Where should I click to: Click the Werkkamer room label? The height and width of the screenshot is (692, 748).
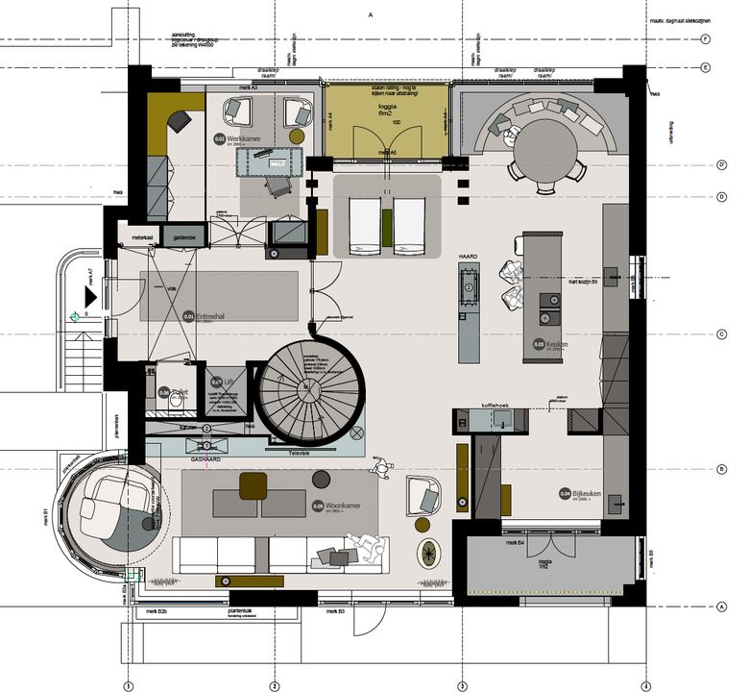(245, 139)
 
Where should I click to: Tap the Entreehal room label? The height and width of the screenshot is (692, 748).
(208, 315)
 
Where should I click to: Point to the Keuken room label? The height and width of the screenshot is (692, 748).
(558, 344)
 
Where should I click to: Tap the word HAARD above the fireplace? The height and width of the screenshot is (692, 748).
(468, 258)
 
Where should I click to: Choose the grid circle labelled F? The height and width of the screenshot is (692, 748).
(705, 39)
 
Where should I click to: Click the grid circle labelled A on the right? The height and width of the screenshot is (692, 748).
(705, 605)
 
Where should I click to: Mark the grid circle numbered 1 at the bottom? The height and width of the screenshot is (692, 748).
(127, 685)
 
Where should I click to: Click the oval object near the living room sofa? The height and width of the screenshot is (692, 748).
(428, 553)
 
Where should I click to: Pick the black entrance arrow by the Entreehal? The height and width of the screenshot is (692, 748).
(89, 297)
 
